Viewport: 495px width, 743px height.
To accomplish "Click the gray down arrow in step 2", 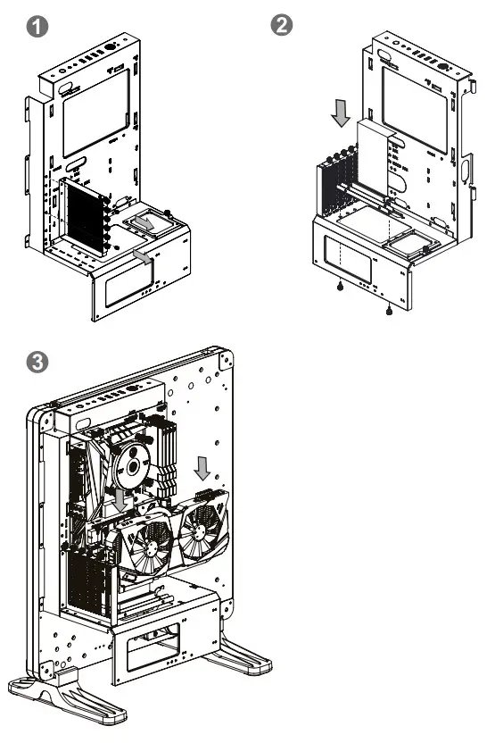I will click(340, 113).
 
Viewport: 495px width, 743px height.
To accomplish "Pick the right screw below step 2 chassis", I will click(389, 312).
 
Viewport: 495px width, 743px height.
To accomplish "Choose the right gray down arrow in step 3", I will click(202, 466).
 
